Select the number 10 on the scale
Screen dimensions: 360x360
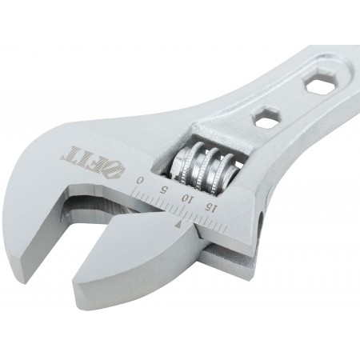point(186,199)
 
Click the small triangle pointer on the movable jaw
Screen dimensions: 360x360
point(178,225)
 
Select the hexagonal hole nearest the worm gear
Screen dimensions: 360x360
point(266,116)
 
